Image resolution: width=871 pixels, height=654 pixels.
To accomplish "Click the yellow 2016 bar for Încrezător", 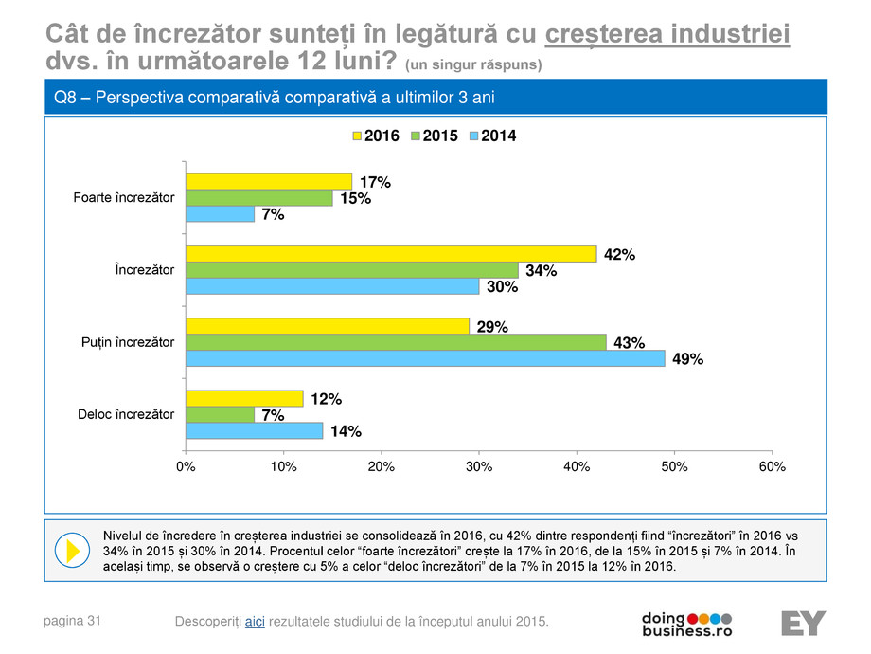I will [x=390, y=253].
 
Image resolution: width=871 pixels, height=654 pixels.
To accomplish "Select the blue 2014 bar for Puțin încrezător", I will [x=424, y=359].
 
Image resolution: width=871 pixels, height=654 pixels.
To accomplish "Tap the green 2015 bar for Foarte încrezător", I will [x=258, y=197].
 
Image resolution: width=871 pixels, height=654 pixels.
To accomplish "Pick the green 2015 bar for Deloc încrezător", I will [x=219, y=414].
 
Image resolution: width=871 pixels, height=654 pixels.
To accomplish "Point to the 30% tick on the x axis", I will [x=479, y=467].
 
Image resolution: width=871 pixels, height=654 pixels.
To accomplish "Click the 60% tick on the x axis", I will [x=772, y=467].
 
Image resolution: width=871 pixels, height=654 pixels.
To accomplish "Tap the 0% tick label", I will [x=186, y=467].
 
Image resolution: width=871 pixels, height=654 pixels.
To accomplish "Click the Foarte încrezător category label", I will [x=123, y=197].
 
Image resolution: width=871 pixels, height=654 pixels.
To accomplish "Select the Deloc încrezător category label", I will [x=126, y=414].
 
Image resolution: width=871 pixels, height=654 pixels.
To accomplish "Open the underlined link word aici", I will [x=255, y=621].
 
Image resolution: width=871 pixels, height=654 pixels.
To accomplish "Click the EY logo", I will [x=803, y=624].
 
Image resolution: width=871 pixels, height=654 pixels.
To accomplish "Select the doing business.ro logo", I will [x=686, y=623].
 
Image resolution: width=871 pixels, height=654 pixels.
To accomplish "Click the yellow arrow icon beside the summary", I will [x=69, y=550].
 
